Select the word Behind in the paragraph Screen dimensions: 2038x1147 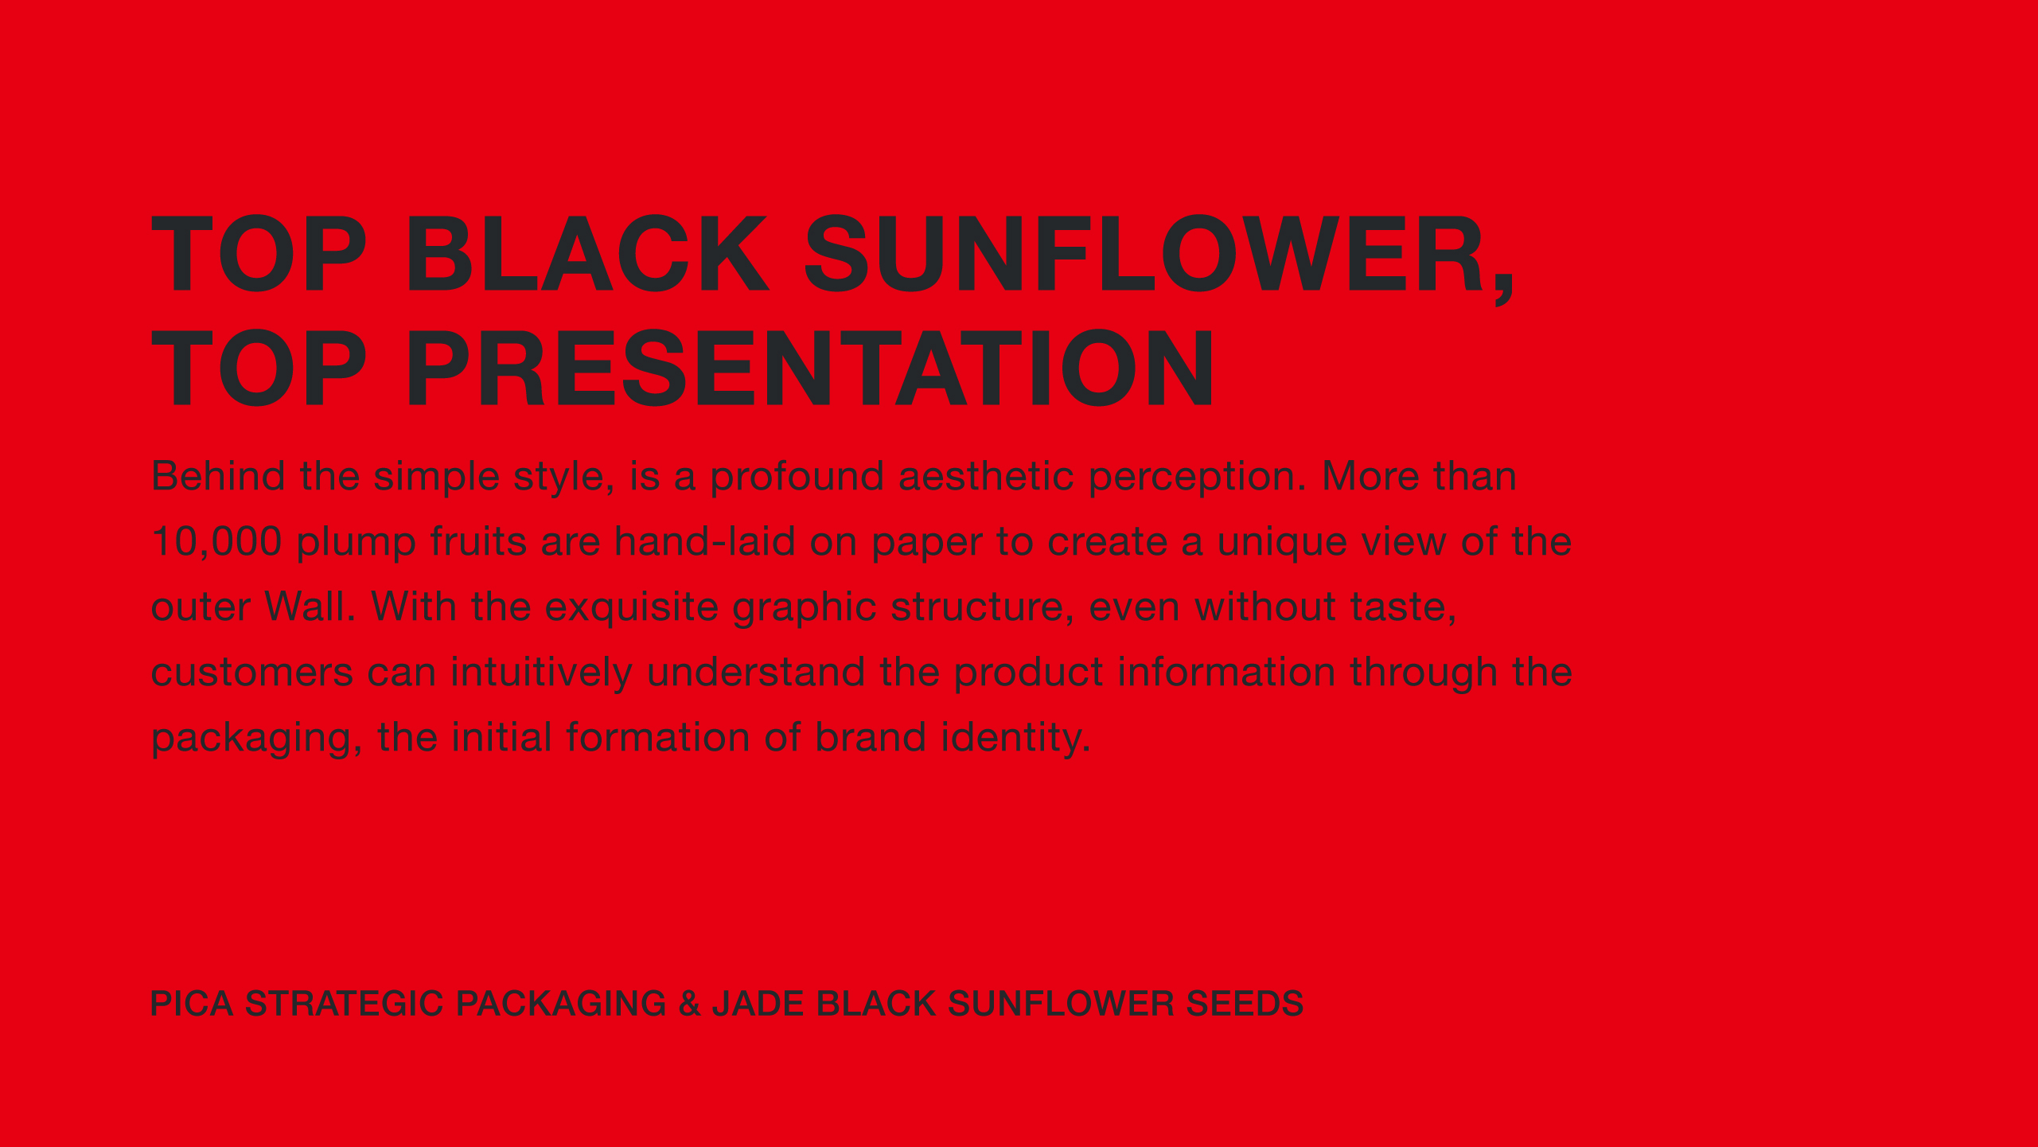[218, 476]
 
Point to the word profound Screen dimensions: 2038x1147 [797, 476]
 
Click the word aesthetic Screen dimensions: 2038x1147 [986, 476]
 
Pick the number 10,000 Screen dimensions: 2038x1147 [216, 542]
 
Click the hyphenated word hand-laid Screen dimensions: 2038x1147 [705, 541]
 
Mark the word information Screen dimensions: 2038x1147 [1226, 672]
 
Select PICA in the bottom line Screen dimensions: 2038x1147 [192, 1004]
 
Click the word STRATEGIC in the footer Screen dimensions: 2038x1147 [344, 1004]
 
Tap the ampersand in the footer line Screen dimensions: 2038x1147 [689, 1004]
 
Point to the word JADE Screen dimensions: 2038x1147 [758, 1004]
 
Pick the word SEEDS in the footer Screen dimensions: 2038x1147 [1245, 1004]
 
